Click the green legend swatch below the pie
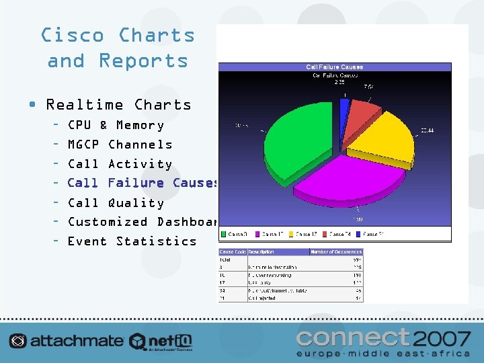[x=225, y=235]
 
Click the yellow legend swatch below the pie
[x=291, y=235]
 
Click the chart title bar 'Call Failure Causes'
[x=334, y=67]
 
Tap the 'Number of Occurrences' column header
[x=335, y=252]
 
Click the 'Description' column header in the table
[x=261, y=252]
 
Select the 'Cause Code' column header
[x=233, y=252]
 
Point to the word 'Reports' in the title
[x=143, y=61]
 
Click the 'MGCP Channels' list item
[x=120, y=145]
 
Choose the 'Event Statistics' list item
[x=132, y=241]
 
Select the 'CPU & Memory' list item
[x=116, y=125]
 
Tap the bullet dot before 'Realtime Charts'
[x=32, y=105]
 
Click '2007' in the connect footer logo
[x=444, y=337]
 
